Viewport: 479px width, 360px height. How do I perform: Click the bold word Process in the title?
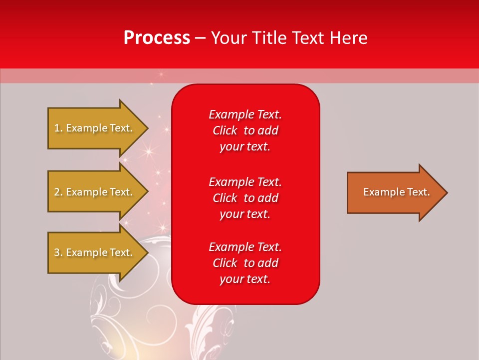157,37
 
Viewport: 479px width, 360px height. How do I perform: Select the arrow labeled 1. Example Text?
95,128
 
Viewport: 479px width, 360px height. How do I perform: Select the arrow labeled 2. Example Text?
95,192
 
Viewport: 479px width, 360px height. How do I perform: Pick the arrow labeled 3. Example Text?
95,252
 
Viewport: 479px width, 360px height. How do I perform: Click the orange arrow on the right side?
394,192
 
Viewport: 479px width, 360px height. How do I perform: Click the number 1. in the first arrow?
58,128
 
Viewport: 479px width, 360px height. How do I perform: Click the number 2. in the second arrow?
58,192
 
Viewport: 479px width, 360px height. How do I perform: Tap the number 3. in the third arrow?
58,252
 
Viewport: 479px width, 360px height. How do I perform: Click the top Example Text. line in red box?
245,114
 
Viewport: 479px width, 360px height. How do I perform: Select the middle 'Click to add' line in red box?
245,198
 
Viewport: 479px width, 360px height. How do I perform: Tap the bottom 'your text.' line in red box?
245,279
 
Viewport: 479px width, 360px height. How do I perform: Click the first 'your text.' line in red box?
245,147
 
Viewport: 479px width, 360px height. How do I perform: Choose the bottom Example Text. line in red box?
245,247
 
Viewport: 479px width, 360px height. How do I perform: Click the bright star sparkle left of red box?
148,150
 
